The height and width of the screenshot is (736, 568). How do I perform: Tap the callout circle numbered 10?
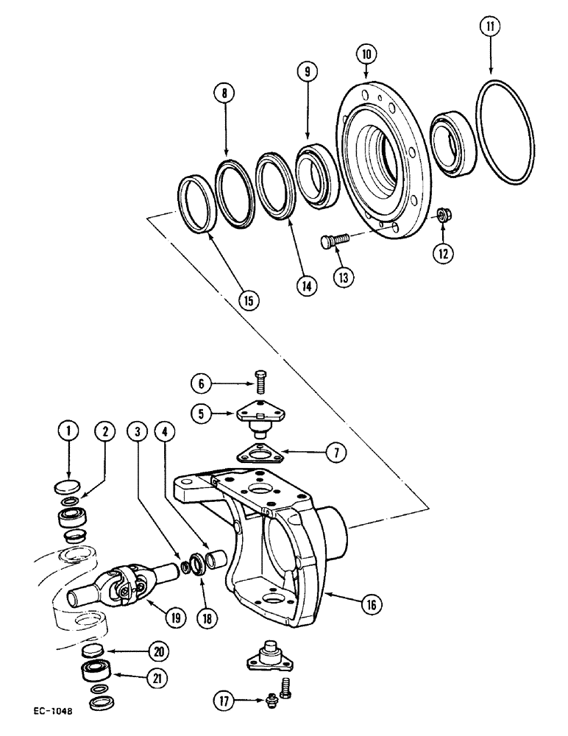366,54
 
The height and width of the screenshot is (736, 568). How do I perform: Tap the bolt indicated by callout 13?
333,240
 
